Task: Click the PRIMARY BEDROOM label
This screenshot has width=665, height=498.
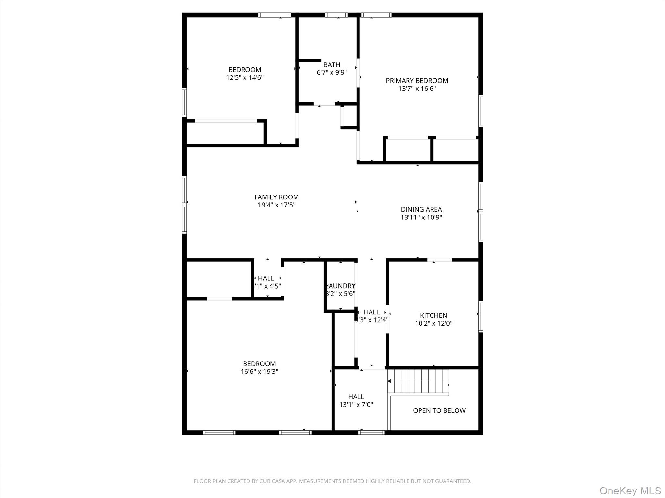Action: coord(417,81)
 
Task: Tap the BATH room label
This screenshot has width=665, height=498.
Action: coord(332,65)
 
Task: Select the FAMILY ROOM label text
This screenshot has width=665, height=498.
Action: coord(276,197)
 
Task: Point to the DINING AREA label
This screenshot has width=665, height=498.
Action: coord(421,210)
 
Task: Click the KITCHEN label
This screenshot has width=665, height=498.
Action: coord(433,315)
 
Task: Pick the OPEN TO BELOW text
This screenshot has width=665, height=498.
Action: coord(439,411)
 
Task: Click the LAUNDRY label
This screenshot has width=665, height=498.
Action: coord(341,286)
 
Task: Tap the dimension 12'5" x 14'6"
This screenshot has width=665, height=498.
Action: coord(245,78)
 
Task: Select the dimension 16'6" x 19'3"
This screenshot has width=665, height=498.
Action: coord(259,372)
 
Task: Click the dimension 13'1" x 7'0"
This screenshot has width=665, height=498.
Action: coord(356,405)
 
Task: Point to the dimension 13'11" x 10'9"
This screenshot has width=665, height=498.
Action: coord(421,218)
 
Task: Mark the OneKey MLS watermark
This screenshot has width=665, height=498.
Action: coord(630,491)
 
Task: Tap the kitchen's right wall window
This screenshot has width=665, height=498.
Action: coord(481,316)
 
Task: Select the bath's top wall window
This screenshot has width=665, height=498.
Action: coord(336,15)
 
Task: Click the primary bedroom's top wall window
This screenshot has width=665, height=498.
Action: coord(376,15)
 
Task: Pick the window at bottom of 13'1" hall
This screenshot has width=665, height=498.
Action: coord(371,432)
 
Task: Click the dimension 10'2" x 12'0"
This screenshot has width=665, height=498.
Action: coord(433,323)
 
